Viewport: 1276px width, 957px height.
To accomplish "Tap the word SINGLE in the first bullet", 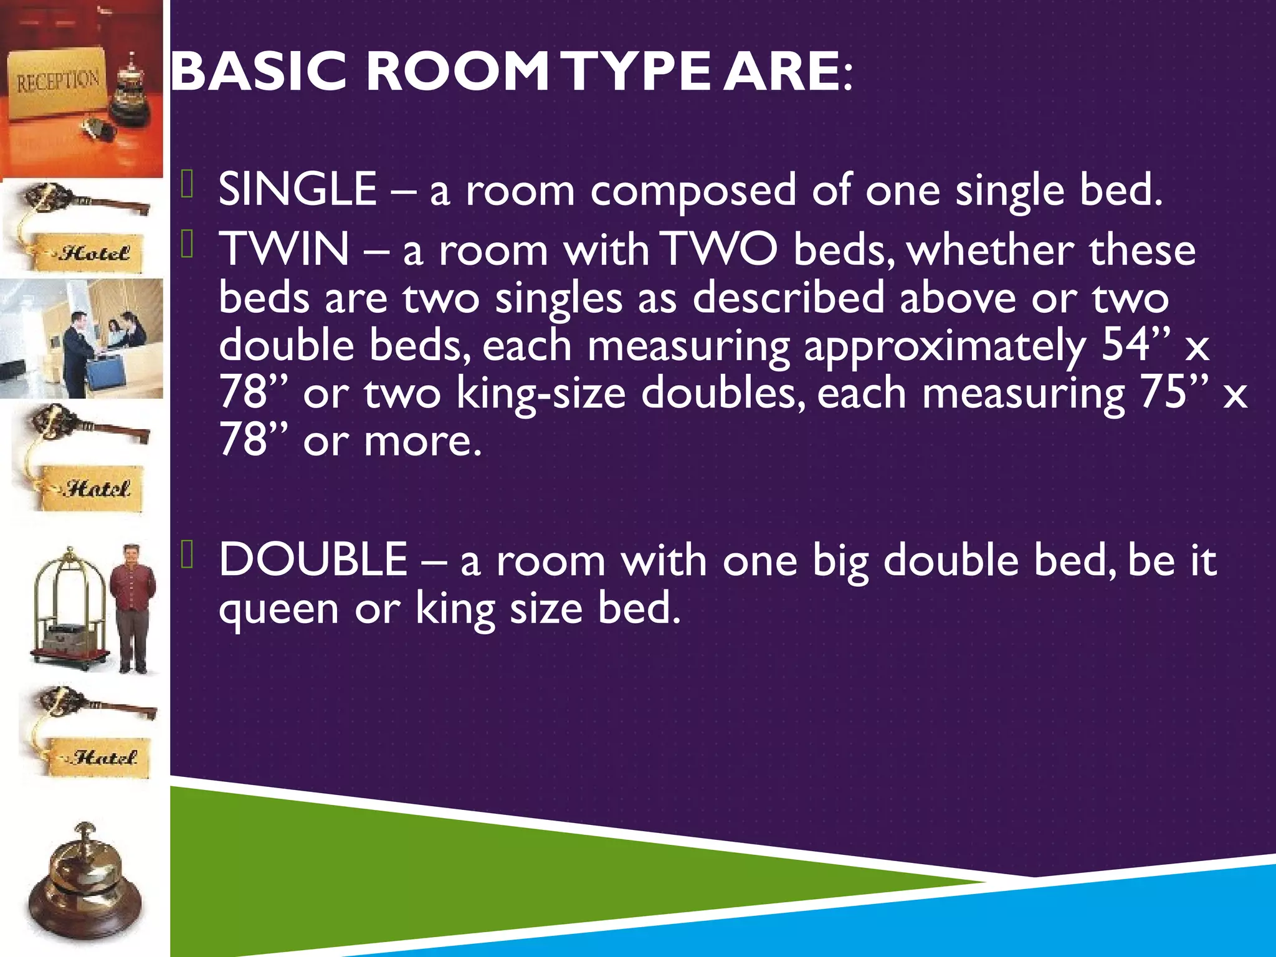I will pos(298,189).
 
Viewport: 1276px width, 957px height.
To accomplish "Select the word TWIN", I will pos(284,249).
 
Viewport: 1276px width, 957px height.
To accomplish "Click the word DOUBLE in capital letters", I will pos(313,559).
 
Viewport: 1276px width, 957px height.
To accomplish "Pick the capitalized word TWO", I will pos(719,249).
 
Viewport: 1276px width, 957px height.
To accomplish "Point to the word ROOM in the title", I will pos(457,72).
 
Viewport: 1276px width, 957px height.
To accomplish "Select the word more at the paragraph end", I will pos(422,441).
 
